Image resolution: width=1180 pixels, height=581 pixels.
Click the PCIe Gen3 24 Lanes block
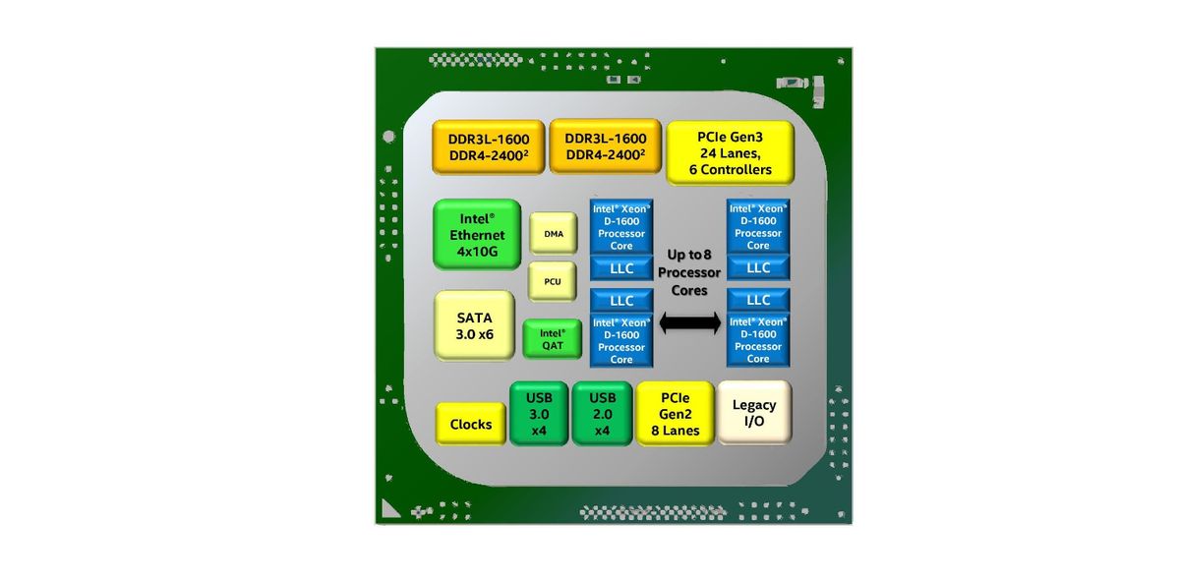[730, 152]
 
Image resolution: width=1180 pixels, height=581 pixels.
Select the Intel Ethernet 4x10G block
[477, 234]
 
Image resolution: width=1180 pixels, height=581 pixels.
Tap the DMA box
[553, 233]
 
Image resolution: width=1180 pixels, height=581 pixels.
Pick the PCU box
[552, 281]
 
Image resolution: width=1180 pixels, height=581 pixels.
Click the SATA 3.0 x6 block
[474, 325]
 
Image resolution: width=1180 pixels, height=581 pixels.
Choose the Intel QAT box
[552, 339]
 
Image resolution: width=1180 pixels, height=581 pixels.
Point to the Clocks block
[470, 424]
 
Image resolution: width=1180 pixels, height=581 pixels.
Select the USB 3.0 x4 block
[539, 414]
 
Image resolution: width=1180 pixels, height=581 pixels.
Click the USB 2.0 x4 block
[602, 414]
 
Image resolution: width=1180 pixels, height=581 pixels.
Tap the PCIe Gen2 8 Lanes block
[675, 414]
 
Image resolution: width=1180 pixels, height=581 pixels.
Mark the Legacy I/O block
[754, 413]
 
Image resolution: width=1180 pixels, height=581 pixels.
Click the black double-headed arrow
[690, 322]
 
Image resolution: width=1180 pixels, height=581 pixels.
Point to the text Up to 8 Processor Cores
[689, 272]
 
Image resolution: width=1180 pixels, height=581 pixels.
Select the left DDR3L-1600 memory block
[489, 146]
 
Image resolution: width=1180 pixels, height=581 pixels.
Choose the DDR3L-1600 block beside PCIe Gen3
[606, 146]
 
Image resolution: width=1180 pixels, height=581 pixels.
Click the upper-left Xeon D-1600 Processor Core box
[621, 227]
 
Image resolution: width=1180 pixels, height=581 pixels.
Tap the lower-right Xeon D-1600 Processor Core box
[758, 340]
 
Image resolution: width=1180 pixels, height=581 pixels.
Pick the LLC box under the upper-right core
[758, 267]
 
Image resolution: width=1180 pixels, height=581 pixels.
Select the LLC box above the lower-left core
[621, 301]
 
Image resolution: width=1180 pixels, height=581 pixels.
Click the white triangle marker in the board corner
[388, 510]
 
